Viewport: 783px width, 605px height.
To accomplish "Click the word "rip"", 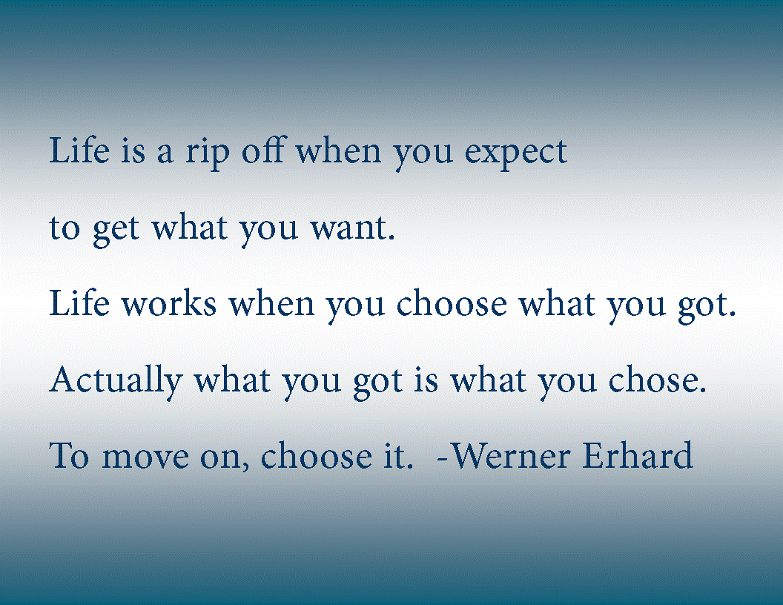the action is tap(208, 153).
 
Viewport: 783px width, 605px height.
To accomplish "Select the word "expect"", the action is tap(516, 154).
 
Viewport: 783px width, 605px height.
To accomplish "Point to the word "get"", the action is tap(116, 231).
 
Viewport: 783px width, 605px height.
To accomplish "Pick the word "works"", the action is tap(169, 303).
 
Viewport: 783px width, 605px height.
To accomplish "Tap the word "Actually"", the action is tap(116, 382).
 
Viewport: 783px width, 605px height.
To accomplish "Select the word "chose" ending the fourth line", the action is tap(657, 380).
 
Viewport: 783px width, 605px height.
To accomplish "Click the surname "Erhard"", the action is tap(638, 454).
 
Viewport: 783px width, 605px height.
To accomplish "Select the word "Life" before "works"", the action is tap(79, 302).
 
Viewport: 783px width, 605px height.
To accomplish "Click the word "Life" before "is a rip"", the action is tap(79, 150).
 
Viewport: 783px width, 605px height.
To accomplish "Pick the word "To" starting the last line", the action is tap(70, 456).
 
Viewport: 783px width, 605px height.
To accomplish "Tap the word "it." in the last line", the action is tap(398, 456).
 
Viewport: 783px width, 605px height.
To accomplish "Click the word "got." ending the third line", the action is tap(707, 306).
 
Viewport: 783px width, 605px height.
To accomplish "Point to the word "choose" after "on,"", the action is tap(317, 455).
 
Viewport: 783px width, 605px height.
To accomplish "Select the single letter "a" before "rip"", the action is tap(165, 153).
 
